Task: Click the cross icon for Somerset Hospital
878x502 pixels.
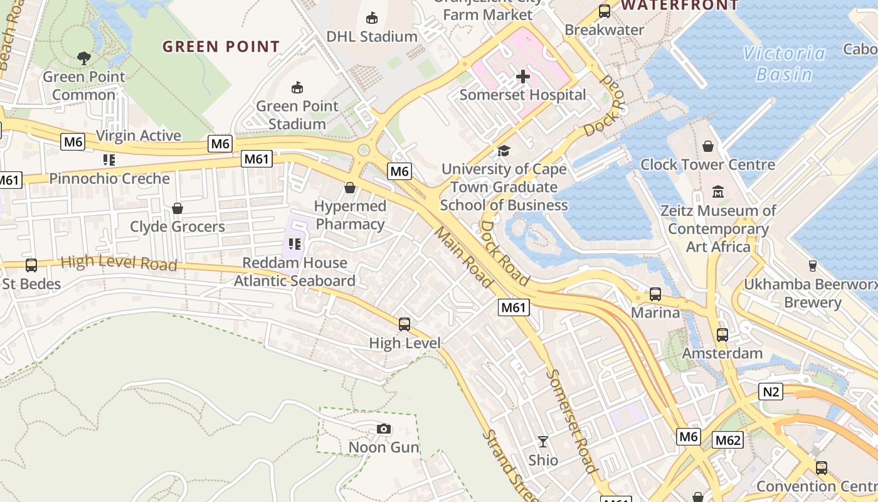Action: point(522,77)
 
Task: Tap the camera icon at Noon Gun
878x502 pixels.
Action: point(383,429)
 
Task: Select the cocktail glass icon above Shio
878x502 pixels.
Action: point(543,442)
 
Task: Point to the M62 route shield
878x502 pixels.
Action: point(727,440)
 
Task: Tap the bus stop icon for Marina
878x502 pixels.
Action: point(655,294)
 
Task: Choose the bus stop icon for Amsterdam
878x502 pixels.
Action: point(722,335)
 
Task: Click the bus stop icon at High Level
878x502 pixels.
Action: point(405,324)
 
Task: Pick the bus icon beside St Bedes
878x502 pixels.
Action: point(31,265)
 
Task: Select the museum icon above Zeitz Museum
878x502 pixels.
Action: point(718,191)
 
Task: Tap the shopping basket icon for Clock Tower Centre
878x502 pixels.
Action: point(708,146)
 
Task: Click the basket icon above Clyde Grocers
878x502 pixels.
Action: point(177,208)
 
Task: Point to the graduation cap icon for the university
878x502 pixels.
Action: point(504,151)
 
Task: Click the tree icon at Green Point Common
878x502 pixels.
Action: point(84,58)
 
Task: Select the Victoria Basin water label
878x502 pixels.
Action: point(784,64)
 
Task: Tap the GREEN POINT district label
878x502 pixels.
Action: point(221,46)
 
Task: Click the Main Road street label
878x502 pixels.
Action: point(464,257)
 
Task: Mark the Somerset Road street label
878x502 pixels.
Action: point(571,420)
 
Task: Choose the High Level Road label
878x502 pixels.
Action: point(119,262)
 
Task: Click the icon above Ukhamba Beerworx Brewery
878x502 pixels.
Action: point(812,265)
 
